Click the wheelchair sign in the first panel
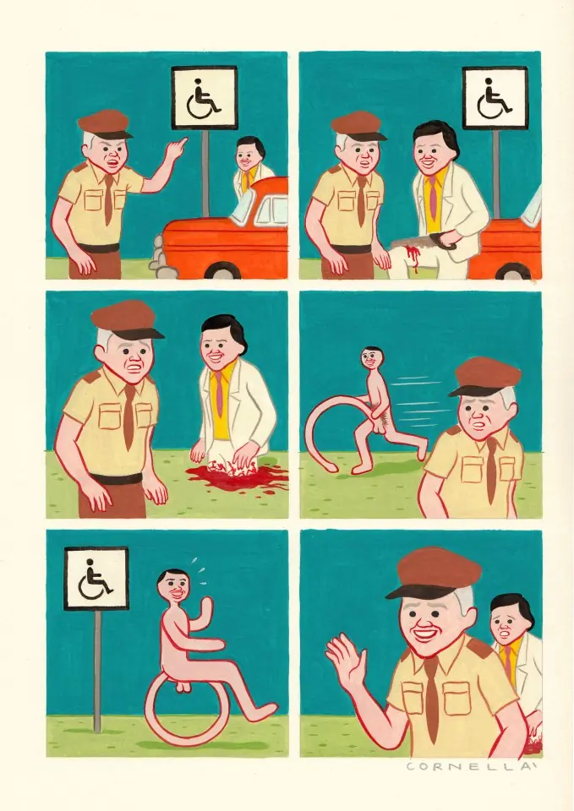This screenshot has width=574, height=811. pyautogui.click(x=204, y=98)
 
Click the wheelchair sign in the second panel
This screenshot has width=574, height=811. pyautogui.click(x=495, y=98)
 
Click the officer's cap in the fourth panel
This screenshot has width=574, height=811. pyautogui.click(x=484, y=377)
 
